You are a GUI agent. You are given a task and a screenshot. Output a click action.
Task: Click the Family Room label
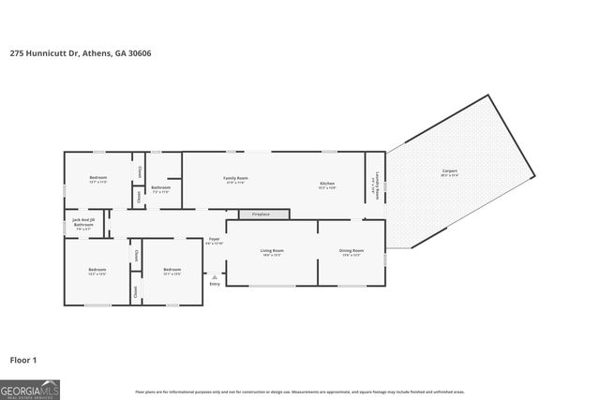pyautogui.click(x=234, y=178)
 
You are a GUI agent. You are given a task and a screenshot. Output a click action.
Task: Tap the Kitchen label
pyautogui.click(x=326, y=183)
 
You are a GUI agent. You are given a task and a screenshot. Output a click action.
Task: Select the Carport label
pyautogui.click(x=450, y=170)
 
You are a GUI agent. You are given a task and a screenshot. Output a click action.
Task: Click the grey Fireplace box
pyautogui.click(x=253, y=215)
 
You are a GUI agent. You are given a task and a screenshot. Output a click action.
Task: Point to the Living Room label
pyautogui.click(x=272, y=250)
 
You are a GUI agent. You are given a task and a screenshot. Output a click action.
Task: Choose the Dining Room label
pyautogui.click(x=351, y=250)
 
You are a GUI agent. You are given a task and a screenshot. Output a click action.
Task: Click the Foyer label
pyautogui.click(x=215, y=240)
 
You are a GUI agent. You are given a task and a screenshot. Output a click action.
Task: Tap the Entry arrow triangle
pyautogui.click(x=215, y=276)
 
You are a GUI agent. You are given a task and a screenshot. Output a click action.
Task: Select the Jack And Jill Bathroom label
pyautogui.click(x=83, y=223)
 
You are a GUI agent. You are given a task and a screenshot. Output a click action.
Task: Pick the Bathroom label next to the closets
pyautogui.click(x=160, y=187)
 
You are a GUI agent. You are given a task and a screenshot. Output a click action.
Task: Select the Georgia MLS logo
pyautogui.click(x=30, y=387)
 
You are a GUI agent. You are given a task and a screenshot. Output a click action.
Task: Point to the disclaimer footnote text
pyautogui.click(x=300, y=392)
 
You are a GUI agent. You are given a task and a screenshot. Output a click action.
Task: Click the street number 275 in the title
pyautogui.click(x=16, y=53)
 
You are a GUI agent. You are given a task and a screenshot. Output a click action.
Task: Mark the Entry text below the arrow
pyautogui.click(x=215, y=284)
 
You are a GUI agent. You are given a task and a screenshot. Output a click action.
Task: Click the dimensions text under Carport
pyautogui.click(x=450, y=176)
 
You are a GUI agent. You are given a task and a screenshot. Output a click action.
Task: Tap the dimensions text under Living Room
pyautogui.click(x=272, y=256)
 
